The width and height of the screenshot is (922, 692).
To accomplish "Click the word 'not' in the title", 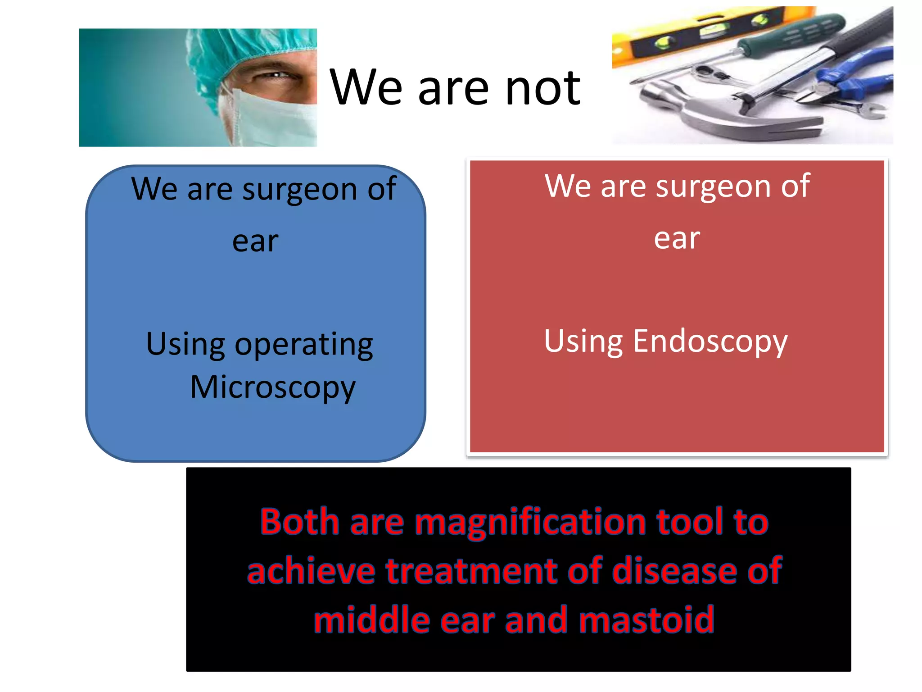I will coord(542,88).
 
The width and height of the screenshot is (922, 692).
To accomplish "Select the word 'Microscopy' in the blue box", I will coord(273,387).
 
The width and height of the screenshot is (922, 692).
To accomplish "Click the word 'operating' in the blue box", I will coord(304,345).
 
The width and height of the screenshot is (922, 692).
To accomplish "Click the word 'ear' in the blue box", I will coord(255,241).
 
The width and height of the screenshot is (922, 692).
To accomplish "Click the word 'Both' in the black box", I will coord(299,522).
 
